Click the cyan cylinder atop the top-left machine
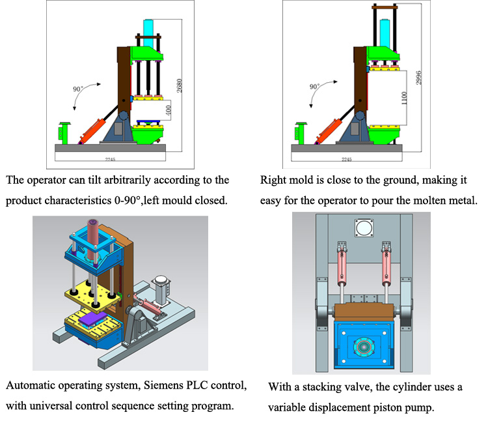coord(148,32)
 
